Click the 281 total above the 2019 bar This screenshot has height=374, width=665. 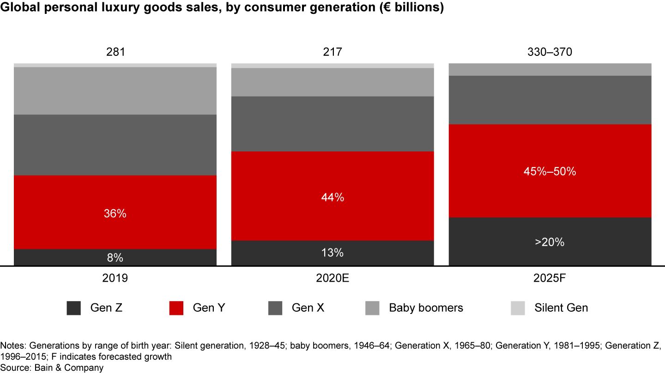[x=115, y=52]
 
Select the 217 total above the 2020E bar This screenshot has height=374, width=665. [x=332, y=52]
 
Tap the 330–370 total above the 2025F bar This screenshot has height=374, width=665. [x=550, y=52]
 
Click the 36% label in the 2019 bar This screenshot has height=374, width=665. [x=115, y=214]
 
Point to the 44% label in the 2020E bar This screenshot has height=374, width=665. [x=332, y=198]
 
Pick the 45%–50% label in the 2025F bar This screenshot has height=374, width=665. [x=550, y=171]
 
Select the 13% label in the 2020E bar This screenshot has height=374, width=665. [x=332, y=253]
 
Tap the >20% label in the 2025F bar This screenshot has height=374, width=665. [x=550, y=242]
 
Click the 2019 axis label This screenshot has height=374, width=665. [x=115, y=278]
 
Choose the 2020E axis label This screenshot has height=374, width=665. [x=332, y=278]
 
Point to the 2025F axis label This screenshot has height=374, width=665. [x=550, y=278]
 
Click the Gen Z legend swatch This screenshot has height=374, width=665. [x=74, y=308]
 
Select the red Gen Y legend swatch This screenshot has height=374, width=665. [x=176, y=308]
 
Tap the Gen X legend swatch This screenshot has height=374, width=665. [x=275, y=308]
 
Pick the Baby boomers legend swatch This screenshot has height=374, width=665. [x=373, y=308]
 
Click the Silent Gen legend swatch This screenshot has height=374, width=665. [x=518, y=308]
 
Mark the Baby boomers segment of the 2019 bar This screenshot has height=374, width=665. [x=115, y=91]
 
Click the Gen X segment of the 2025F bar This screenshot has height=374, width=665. [x=550, y=100]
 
